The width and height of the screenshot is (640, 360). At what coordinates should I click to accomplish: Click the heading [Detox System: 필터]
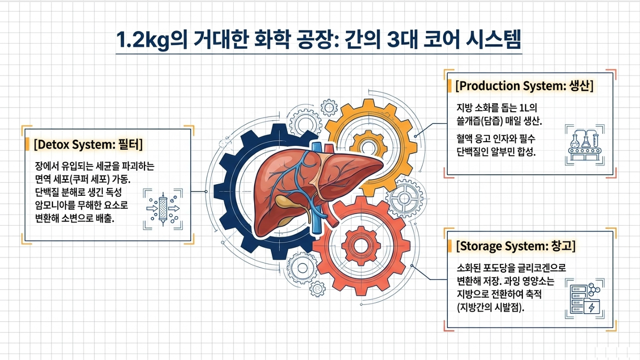click(88, 144)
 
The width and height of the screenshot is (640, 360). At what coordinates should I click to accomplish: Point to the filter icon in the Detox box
click(163, 209)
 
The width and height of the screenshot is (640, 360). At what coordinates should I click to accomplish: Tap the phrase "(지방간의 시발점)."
click(491, 308)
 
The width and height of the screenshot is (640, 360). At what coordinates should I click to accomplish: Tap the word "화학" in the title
click(274, 40)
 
